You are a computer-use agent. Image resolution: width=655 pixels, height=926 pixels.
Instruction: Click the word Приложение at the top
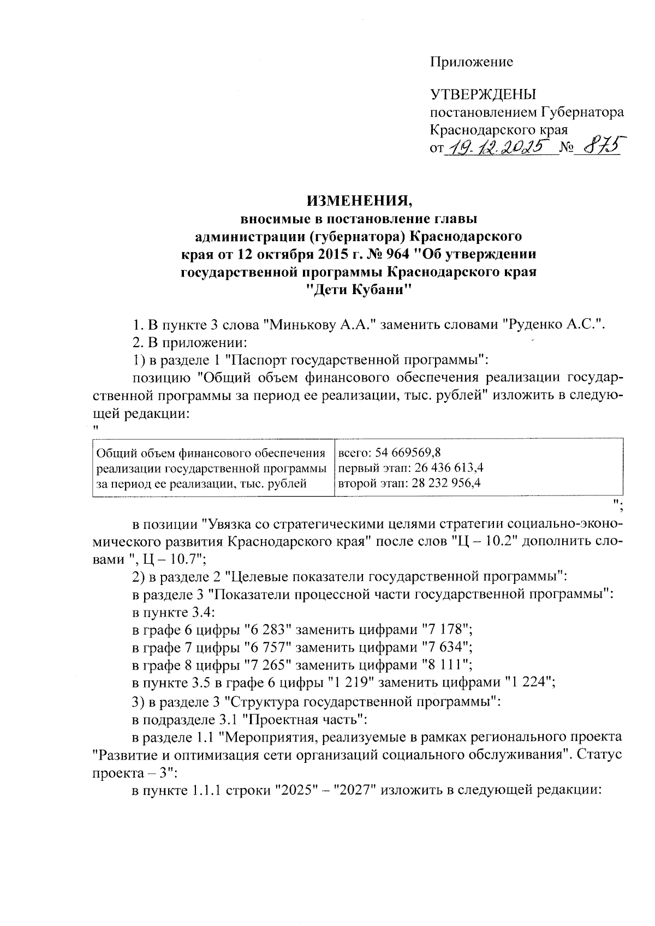pos(472,62)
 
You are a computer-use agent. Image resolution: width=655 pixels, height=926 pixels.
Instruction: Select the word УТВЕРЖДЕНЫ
pos(484,95)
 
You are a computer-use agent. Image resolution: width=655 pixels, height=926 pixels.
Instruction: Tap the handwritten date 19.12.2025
pos(499,146)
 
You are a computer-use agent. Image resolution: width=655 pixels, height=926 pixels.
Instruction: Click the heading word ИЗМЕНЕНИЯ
pos(359,201)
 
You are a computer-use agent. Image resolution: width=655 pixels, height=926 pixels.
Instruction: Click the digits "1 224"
pos(529,683)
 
